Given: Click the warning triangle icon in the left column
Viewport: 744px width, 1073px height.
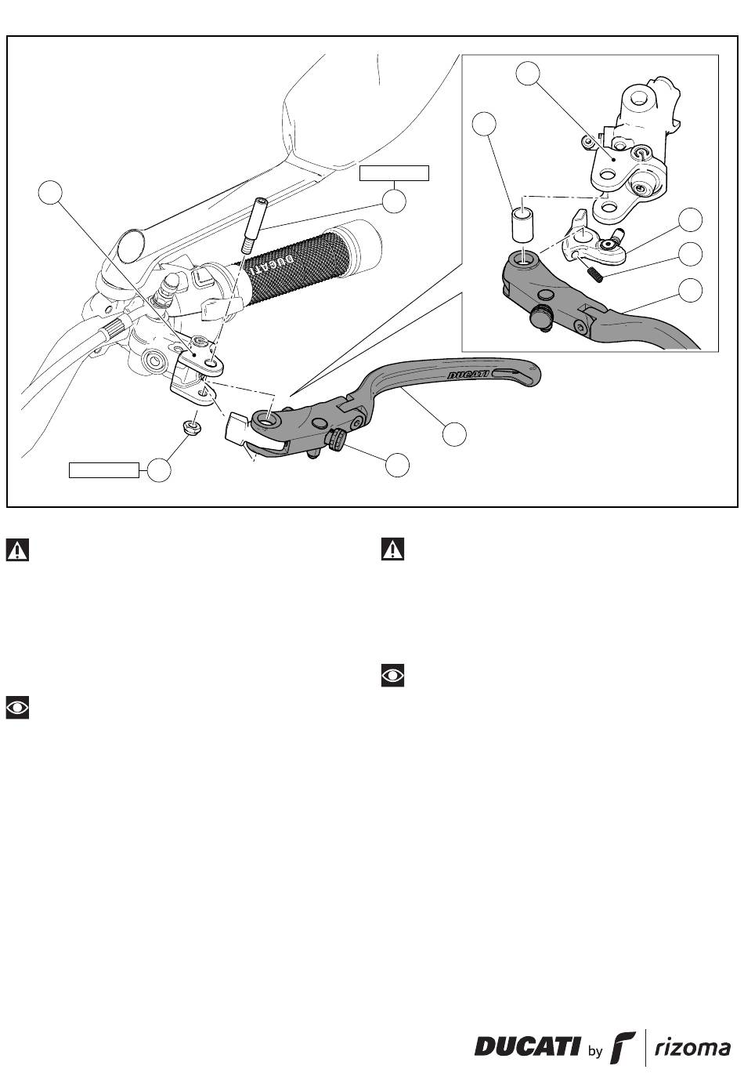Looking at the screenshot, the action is pyautogui.click(x=17, y=549).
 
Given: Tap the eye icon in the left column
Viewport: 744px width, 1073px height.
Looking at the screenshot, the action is pyautogui.click(x=17, y=708).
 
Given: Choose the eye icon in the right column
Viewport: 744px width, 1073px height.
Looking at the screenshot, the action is pyautogui.click(x=392, y=676).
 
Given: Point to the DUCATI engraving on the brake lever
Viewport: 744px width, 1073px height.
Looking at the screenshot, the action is pyautogui.click(x=468, y=374).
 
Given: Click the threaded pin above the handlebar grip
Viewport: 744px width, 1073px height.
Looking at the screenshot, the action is pyautogui.click(x=252, y=226).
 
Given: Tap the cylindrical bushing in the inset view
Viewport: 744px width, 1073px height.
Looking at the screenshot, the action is pyautogui.click(x=522, y=224).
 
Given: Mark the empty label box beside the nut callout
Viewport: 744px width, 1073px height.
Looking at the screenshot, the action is pyautogui.click(x=104, y=470).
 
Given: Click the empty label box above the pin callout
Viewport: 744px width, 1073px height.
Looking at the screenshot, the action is pyautogui.click(x=394, y=173).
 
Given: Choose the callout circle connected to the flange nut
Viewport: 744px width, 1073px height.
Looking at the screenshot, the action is pyautogui.click(x=159, y=470).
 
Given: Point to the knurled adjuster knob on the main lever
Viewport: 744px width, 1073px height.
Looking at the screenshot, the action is pyautogui.click(x=336, y=438).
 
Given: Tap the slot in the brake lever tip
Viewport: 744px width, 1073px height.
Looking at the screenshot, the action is pyautogui.click(x=514, y=374).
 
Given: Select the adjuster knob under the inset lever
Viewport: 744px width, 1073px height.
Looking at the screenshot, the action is pyautogui.click(x=542, y=317).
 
